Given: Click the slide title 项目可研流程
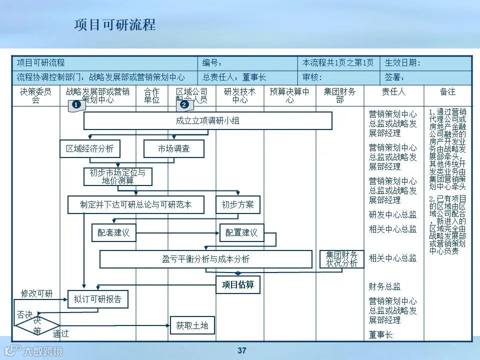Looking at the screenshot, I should coord(115,24).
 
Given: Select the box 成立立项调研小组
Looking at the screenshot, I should coord(207,120).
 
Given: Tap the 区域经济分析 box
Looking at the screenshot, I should coord(90,148).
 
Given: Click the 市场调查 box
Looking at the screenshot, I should coord(174,148).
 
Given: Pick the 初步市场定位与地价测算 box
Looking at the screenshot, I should coord(117,176).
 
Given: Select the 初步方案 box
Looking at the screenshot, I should coord(238,204).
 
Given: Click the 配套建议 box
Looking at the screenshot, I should coord(114,232).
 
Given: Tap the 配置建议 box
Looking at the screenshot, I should coord(241,232).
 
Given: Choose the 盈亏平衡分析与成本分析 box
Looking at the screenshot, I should coord(206,259).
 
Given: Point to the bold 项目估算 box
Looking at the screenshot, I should coord(238,284).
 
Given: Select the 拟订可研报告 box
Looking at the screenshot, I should coord(97,299).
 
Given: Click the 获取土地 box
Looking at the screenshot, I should coord(192,325).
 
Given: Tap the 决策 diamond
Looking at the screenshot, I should coord(37,325).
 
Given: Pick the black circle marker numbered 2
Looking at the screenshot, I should coord(184,105).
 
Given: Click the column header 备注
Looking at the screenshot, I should coord(447,92).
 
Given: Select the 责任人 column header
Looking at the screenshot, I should coord(393,92).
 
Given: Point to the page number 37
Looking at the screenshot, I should coord(242,350).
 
